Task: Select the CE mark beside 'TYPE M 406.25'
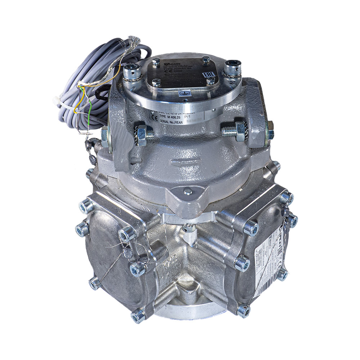tap(153, 117)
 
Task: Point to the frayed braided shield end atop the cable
tap(134, 39)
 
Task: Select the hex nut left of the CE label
tap(142, 135)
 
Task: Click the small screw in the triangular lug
tap(188, 192)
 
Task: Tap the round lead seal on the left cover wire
tap(129, 253)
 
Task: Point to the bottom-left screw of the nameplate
tap(156, 83)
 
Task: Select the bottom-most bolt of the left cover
tap(138, 315)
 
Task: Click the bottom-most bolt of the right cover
tap(243, 310)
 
